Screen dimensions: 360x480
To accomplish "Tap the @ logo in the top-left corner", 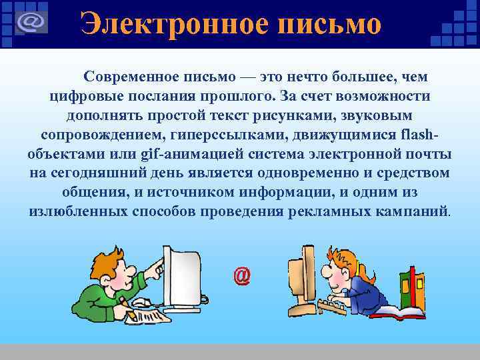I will point(31,22).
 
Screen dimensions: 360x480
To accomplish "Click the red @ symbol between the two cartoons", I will point(242,275).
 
